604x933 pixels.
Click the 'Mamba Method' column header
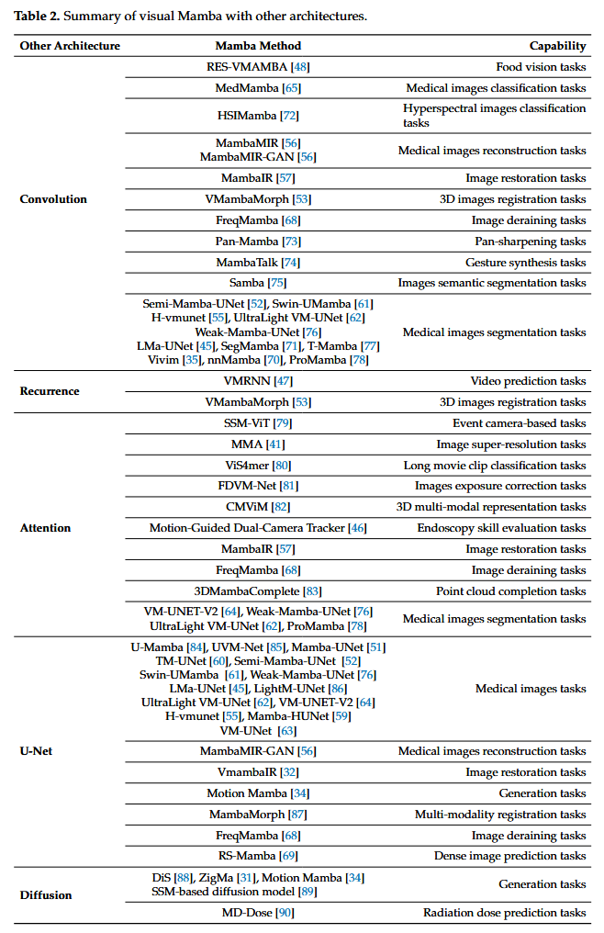click(258, 46)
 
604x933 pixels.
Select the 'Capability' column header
click(557, 46)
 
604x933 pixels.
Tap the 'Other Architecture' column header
click(70, 46)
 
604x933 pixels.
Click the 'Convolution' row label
click(53, 199)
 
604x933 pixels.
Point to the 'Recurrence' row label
click(50, 391)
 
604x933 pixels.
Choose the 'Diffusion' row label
click(46, 895)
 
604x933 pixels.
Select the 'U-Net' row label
click(36, 751)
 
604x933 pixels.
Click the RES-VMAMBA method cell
click(258, 67)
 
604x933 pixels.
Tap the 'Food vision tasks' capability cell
click(541, 67)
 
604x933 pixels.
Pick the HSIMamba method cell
click(258, 116)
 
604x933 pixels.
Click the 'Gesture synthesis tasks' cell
click(525, 263)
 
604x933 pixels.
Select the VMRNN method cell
click(258, 381)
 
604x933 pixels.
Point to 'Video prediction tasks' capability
click(528, 381)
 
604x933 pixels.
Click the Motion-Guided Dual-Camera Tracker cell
click(258, 528)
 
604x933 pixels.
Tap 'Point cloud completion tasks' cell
click(510, 591)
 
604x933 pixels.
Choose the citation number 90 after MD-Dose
click(285, 913)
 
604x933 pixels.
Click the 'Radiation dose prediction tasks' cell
click(505, 913)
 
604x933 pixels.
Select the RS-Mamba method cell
click(258, 856)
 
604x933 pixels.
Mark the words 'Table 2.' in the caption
click(37, 16)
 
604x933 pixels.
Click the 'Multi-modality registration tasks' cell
click(500, 815)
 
